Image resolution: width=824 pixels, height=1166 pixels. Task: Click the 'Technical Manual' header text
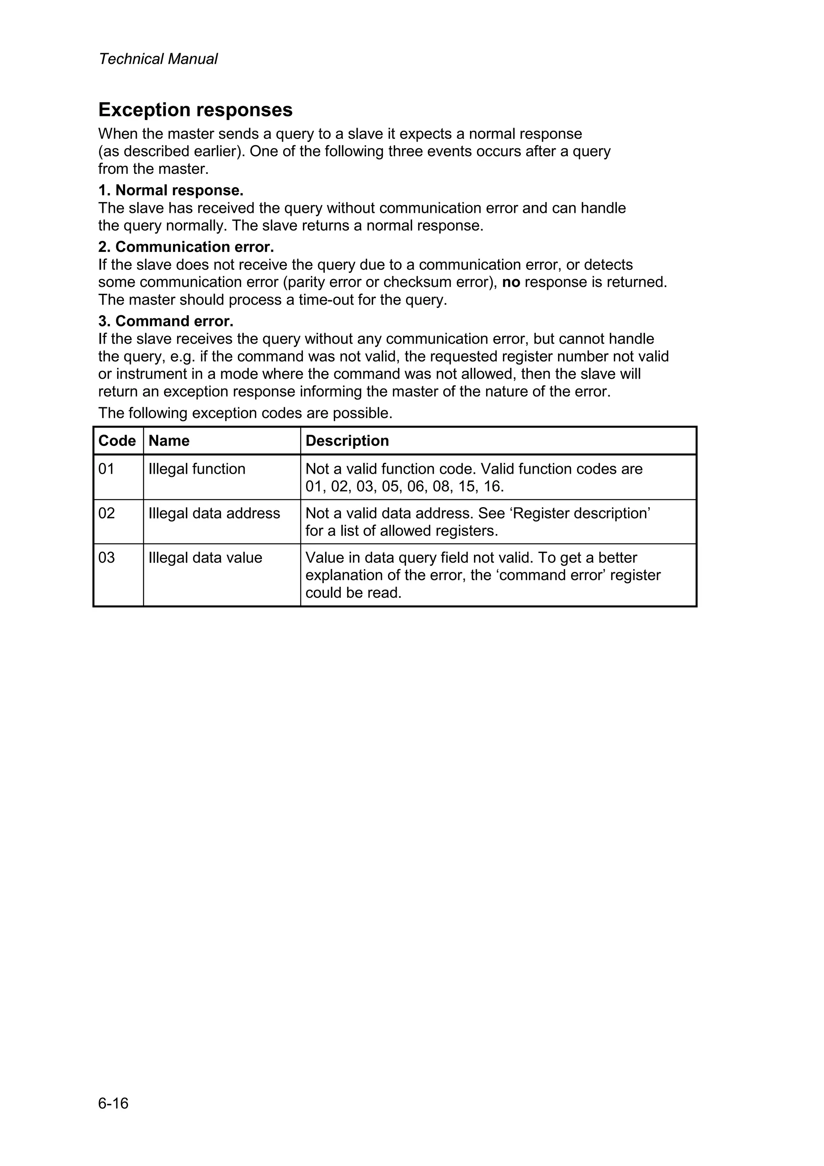point(158,59)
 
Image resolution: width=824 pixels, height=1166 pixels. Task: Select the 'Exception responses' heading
point(196,110)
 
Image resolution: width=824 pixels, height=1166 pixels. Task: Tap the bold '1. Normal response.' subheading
point(171,190)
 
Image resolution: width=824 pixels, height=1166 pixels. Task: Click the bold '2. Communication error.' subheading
point(186,247)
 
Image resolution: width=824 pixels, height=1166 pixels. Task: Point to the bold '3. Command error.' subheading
point(165,321)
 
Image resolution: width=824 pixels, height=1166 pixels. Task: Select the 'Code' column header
point(117,440)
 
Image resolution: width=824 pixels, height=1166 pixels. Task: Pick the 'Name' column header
point(169,440)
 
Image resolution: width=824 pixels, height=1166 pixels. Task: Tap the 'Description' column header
point(347,440)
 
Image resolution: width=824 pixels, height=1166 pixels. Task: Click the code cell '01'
point(107,469)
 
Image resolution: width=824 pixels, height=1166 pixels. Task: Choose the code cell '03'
point(107,557)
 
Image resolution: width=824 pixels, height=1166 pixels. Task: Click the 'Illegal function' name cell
point(196,469)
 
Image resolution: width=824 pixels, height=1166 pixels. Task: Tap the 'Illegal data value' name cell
point(205,557)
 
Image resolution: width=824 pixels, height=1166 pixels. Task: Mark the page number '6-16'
point(113,1104)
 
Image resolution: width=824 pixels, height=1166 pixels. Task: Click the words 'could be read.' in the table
point(353,592)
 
